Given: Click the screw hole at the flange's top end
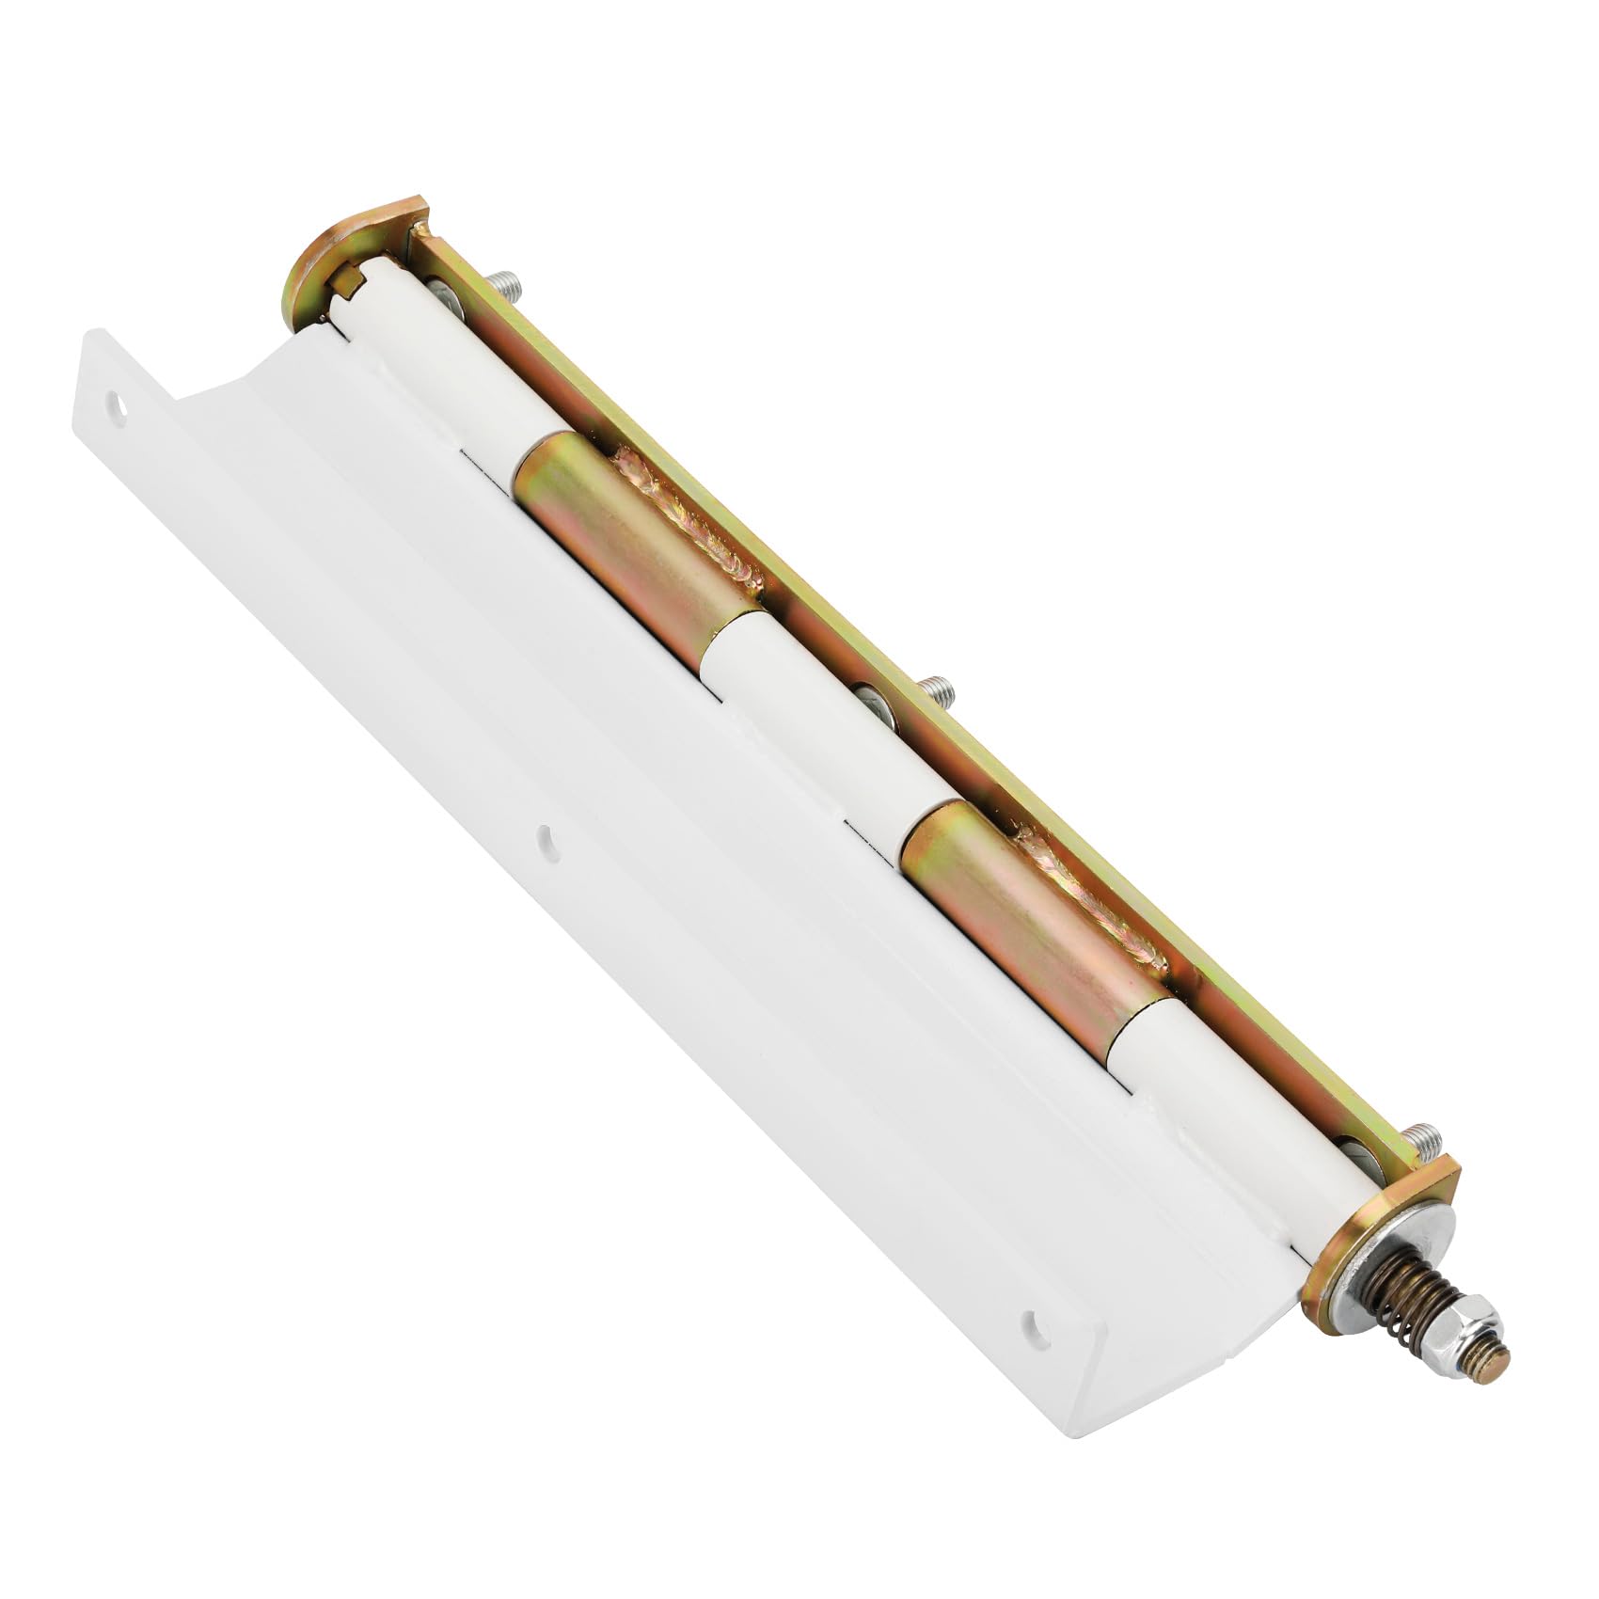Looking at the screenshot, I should pyautogui.click(x=119, y=404).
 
